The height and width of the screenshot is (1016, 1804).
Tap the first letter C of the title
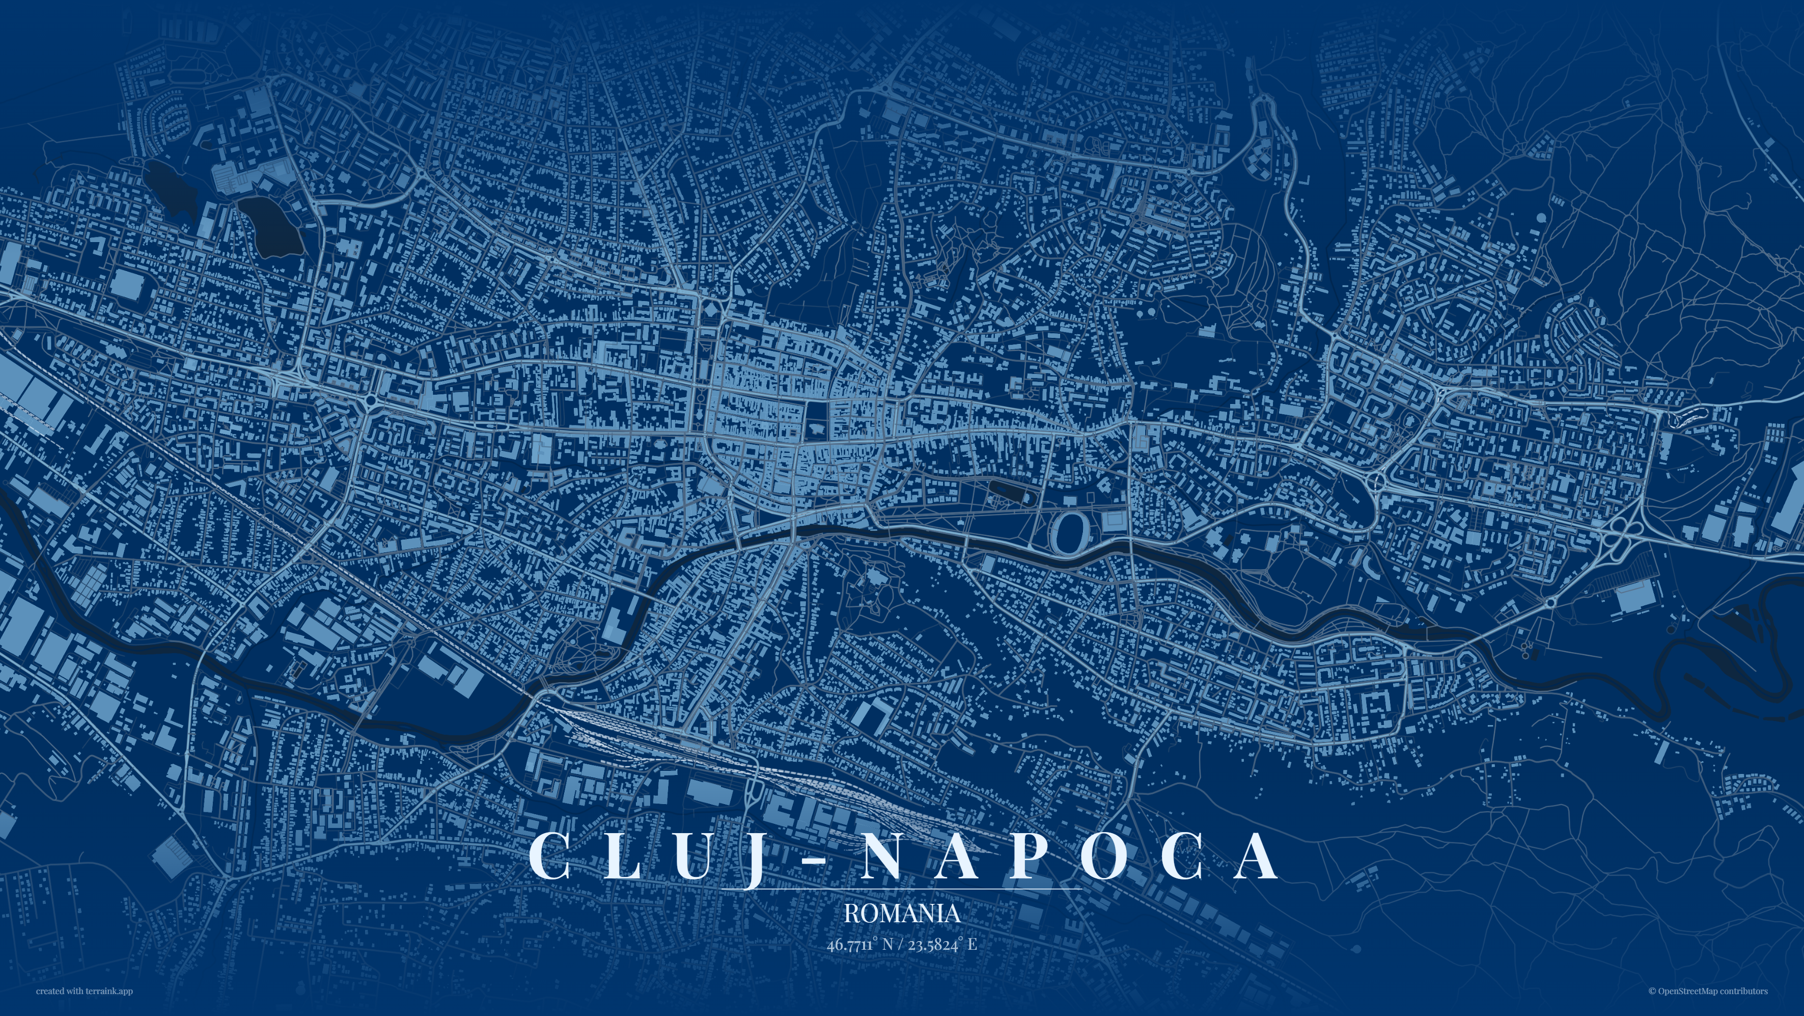(549, 855)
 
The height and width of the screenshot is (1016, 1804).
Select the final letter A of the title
(1256, 855)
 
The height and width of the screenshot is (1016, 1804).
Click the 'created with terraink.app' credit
(84, 991)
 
